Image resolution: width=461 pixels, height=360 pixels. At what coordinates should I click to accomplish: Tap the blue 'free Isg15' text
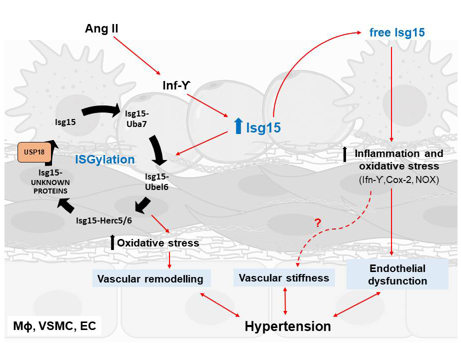398,33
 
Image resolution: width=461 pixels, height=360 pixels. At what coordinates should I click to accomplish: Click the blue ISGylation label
105,160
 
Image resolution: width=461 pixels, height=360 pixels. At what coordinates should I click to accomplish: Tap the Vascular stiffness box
284,277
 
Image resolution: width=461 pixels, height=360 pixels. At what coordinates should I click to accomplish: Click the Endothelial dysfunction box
397,274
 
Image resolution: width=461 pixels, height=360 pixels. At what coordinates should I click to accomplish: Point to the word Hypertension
287,326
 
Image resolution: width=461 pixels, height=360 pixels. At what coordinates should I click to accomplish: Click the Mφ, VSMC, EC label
54,327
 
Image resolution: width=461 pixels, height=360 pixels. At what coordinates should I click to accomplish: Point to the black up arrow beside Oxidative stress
113,243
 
